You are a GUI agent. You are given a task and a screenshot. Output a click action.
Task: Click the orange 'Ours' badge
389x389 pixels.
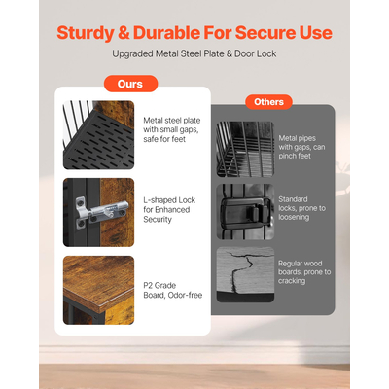130,84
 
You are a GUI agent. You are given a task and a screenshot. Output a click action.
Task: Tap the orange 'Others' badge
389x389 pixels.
268,102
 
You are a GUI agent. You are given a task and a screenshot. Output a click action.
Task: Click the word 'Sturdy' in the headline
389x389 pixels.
85,33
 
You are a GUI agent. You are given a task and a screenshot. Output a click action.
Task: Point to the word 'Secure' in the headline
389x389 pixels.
265,33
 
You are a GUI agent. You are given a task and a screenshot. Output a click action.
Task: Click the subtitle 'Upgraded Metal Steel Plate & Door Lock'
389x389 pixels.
194,53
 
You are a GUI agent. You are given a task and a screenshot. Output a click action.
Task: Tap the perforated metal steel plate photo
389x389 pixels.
98,135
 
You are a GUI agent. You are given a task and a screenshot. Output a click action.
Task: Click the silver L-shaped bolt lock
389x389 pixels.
102,212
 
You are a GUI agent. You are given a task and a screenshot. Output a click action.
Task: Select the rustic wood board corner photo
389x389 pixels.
98,290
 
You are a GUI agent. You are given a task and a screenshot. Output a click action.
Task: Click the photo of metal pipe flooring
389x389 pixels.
245,149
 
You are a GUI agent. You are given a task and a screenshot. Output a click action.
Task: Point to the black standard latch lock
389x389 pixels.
245,212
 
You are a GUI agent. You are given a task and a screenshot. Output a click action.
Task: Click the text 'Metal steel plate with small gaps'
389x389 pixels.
172,124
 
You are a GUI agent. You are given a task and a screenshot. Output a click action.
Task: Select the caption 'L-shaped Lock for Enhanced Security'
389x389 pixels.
169,209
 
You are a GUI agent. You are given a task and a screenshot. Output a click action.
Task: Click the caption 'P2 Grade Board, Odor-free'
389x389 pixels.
173,290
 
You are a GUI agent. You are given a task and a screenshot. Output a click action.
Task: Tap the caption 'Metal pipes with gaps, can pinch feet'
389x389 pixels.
301,147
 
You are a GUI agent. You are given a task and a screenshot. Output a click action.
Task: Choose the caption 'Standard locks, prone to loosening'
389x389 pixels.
301,208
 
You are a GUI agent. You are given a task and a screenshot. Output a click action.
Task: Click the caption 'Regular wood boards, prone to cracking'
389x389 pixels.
304,272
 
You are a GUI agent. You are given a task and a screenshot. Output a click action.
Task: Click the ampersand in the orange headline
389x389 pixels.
123,33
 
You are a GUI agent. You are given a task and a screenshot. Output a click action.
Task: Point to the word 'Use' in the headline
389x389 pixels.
315,33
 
